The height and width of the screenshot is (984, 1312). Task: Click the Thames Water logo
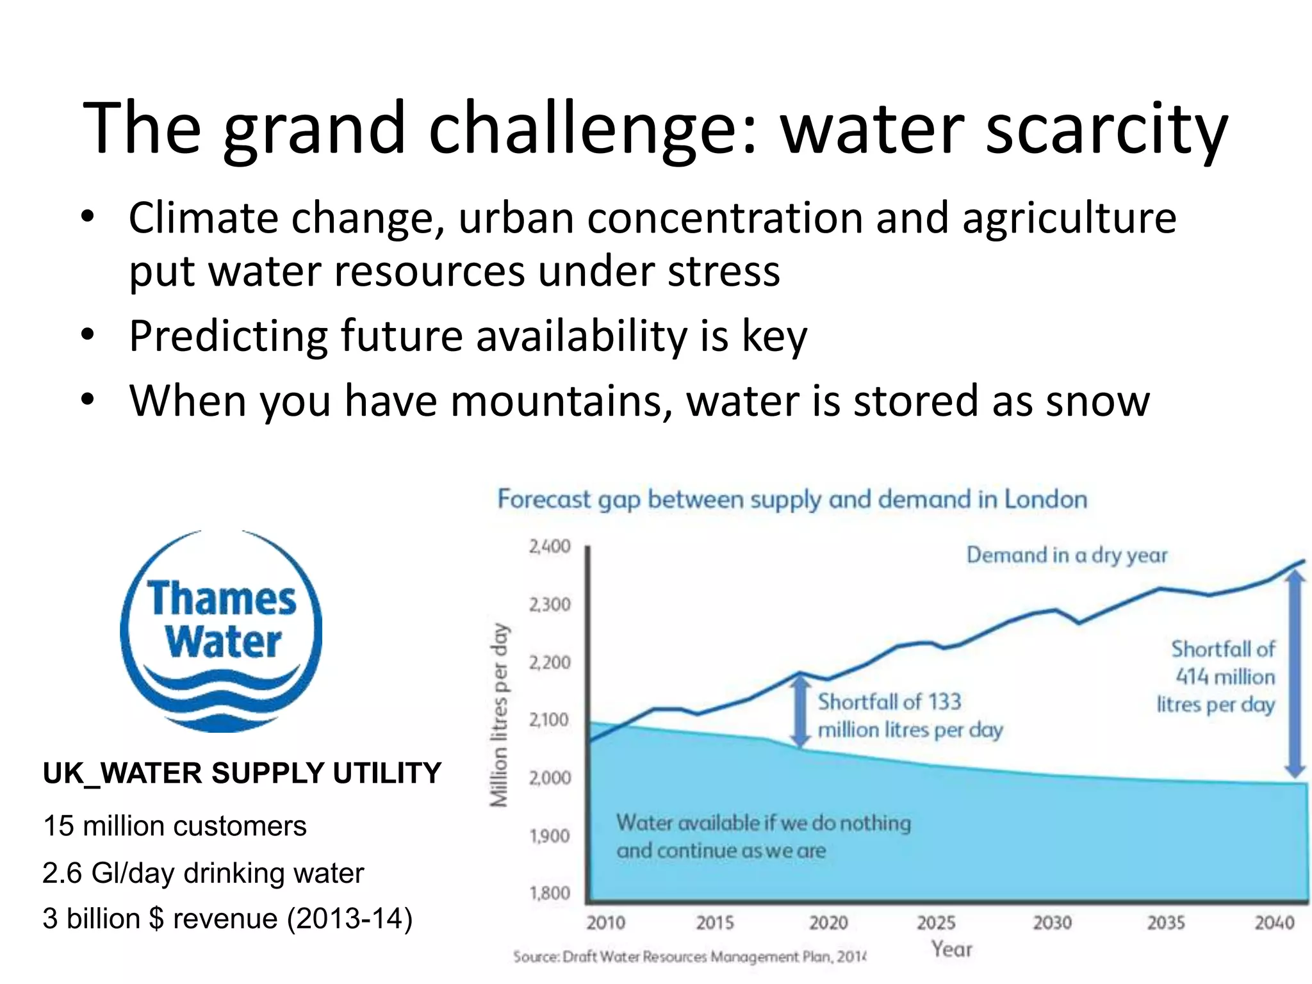point(221,631)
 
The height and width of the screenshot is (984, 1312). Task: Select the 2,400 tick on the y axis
point(550,546)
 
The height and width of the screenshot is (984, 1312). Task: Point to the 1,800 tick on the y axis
point(550,892)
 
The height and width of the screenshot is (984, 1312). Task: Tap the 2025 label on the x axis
point(936,922)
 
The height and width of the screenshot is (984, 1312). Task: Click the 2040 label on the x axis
point(1274,922)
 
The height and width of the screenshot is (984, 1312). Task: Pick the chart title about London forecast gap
point(792,499)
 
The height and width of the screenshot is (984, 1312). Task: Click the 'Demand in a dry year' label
point(1067,555)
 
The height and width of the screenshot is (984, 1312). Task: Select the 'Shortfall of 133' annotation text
point(889,701)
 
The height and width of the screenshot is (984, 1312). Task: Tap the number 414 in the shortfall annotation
point(1192,676)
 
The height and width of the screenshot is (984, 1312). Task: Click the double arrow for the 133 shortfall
point(800,711)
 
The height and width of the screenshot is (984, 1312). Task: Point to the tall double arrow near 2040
point(1295,673)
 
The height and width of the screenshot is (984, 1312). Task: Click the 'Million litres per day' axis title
point(499,714)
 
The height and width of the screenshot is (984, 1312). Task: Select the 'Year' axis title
point(951,949)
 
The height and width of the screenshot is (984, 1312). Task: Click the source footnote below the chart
point(689,956)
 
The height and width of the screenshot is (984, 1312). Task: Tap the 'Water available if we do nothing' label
point(763,823)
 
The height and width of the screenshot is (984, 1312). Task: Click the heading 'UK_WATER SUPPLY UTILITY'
point(242,773)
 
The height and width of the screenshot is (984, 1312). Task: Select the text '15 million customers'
point(174,826)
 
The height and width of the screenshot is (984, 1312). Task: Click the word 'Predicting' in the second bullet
point(227,336)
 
